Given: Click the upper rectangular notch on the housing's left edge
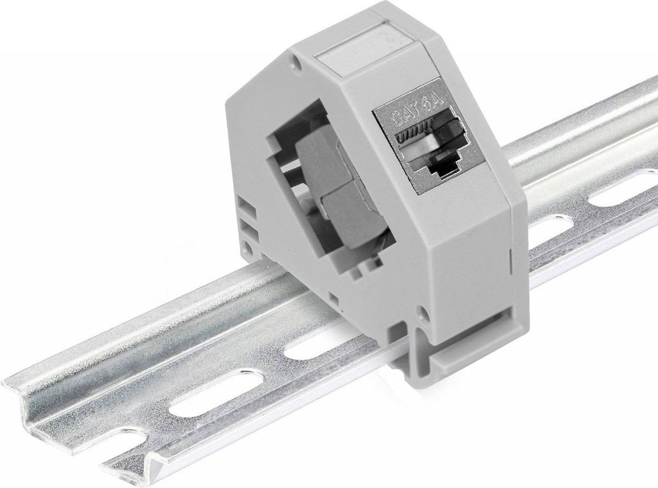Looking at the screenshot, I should pos(246,209).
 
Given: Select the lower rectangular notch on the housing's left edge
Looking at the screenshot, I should pos(246,226).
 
